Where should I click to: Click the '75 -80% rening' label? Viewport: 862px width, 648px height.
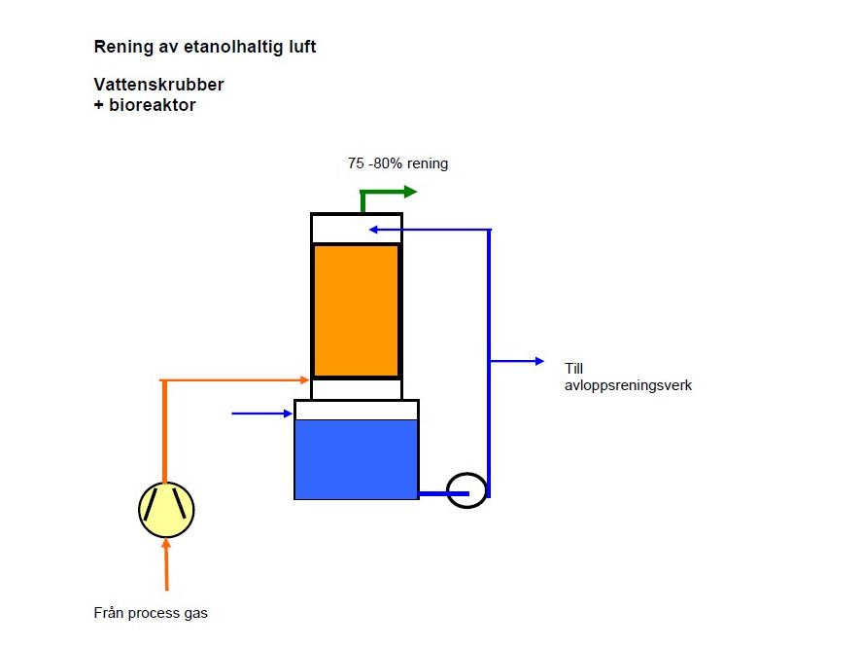pos(398,163)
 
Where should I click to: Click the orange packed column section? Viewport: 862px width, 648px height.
pos(356,309)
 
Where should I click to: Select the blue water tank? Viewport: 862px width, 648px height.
pos(356,458)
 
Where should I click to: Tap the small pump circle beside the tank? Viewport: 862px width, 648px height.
pos(466,488)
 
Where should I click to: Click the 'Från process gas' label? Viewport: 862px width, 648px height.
pos(151,613)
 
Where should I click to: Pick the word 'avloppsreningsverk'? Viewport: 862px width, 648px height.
pos(628,385)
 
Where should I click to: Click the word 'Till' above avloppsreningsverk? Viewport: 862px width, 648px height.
pos(574,369)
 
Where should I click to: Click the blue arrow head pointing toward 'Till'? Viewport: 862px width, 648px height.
pos(539,361)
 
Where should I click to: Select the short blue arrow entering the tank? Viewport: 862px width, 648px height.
pos(262,414)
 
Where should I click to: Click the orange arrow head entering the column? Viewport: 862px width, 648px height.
pos(304,379)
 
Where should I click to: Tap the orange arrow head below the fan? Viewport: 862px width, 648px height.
pos(166,546)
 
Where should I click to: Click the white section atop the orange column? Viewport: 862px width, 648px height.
pos(356,228)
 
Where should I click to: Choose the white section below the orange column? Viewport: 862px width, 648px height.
pos(356,389)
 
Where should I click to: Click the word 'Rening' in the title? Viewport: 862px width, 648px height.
pos(119,46)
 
